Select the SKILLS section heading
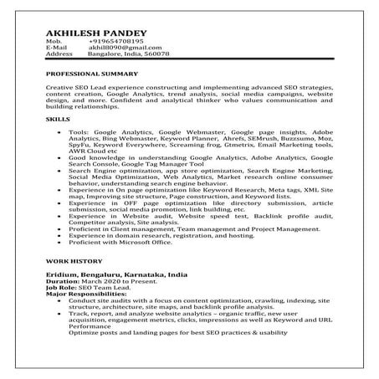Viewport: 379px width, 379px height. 58,120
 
